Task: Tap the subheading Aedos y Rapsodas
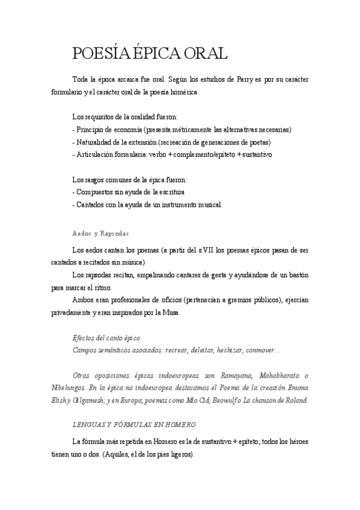click(100, 233)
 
